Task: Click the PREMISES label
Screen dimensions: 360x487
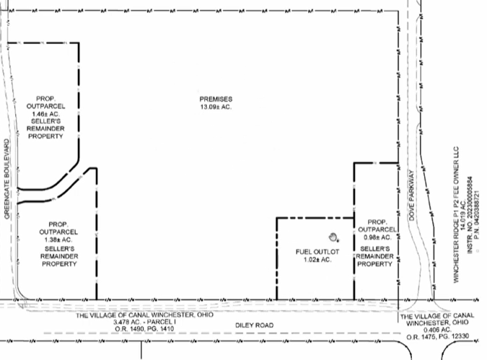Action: pyautogui.click(x=216, y=98)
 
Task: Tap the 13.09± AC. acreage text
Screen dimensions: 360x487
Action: pyautogui.click(x=216, y=107)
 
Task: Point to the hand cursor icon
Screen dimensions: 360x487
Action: pyautogui.click(x=333, y=237)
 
